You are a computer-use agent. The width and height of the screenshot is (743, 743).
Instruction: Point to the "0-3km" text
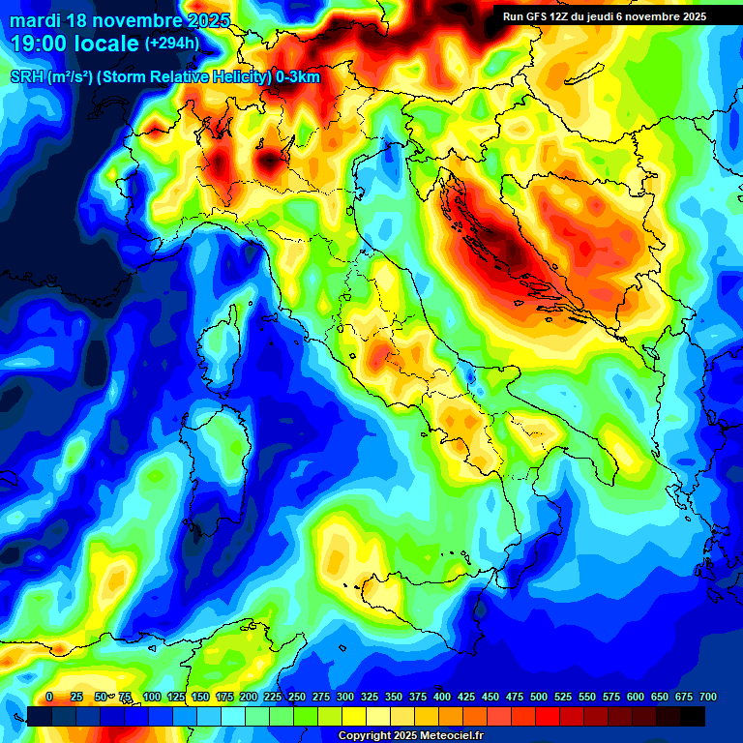tap(296, 77)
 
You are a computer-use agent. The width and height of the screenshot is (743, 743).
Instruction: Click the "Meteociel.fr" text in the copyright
tap(448, 736)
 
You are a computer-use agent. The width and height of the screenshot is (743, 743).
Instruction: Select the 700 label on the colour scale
tap(707, 697)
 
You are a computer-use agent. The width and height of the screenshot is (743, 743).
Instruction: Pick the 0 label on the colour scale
tap(49, 697)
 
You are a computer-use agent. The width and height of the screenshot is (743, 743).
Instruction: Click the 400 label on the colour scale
tap(442, 697)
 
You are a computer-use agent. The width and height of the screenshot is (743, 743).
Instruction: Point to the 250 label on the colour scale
tap(297, 697)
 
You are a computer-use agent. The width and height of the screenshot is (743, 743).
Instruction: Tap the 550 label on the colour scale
tap(587, 697)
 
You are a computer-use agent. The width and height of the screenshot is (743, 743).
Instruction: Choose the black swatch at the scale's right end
tap(693, 716)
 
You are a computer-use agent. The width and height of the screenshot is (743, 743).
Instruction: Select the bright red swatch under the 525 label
tap(548, 716)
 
